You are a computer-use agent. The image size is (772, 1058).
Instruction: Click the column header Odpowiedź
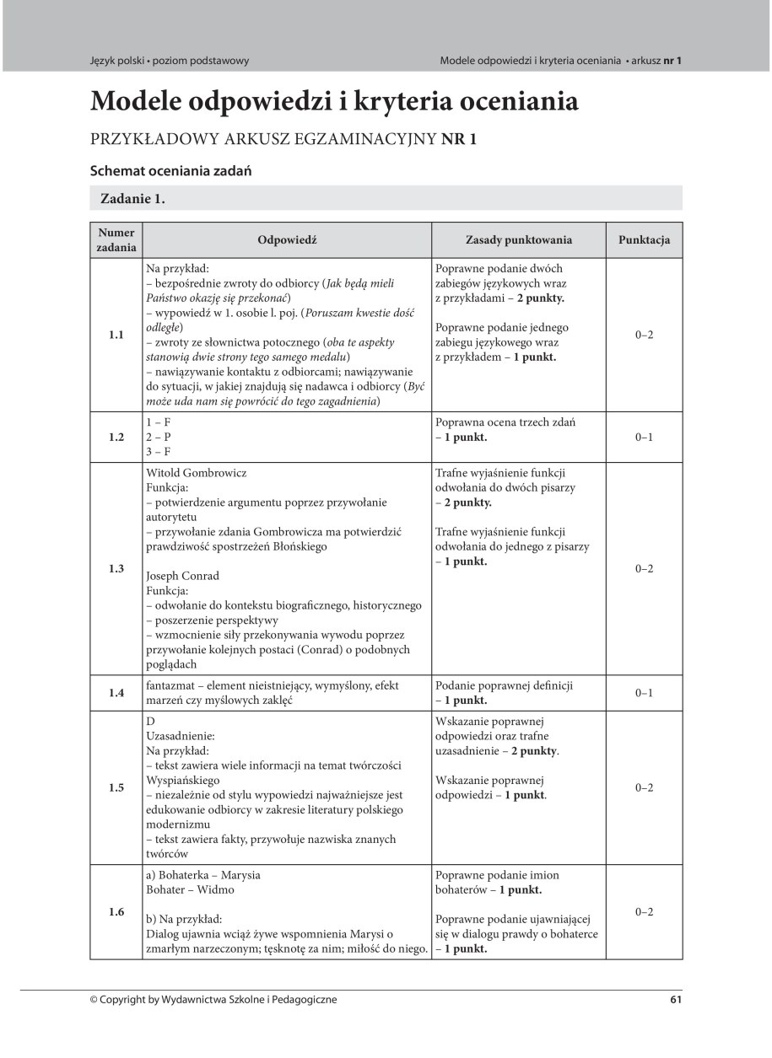click(287, 240)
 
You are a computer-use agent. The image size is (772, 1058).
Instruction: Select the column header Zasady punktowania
click(519, 240)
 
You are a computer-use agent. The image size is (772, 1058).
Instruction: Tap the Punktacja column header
click(644, 240)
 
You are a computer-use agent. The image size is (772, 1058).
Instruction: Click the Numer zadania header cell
click(116, 240)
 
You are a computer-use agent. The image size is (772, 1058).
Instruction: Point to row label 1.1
click(116, 336)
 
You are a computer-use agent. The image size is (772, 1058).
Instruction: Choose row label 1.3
click(116, 569)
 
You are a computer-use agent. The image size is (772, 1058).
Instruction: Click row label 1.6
click(116, 911)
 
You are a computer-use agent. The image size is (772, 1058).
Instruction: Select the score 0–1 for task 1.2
click(644, 438)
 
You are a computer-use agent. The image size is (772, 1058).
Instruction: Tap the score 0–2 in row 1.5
click(644, 787)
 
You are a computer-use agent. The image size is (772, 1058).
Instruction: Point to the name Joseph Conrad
click(182, 576)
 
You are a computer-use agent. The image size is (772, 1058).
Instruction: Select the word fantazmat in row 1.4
click(174, 686)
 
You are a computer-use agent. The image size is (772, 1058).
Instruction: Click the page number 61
click(675, 1000)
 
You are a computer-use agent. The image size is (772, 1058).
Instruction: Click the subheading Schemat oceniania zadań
click(172, 170)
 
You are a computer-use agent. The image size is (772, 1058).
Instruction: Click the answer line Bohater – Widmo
click(190, 889)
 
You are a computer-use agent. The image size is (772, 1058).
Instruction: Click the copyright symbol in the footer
click(94, 1000)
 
